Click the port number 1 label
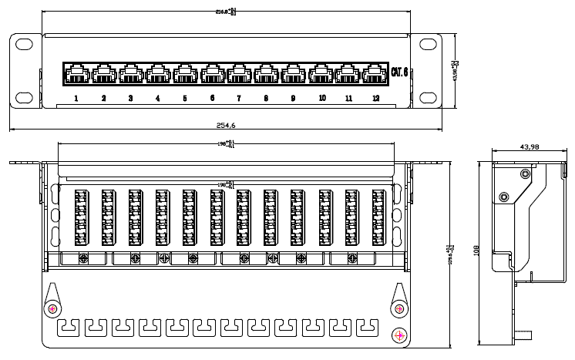(x=76, y=98)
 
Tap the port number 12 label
(x=375, y=98)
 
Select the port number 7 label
(x=239, y=98)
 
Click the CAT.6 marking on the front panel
(x=400, y=73)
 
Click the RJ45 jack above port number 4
(x=158, y=74)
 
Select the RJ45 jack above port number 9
(x=293, y=74)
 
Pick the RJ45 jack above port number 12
(x=375, y=74)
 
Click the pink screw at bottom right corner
(x=400, y=335)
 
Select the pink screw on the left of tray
(x=52, y=308)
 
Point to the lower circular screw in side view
(x=503, y=197)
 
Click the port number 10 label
(x=321, y=98)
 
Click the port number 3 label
(x=130, y=98)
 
